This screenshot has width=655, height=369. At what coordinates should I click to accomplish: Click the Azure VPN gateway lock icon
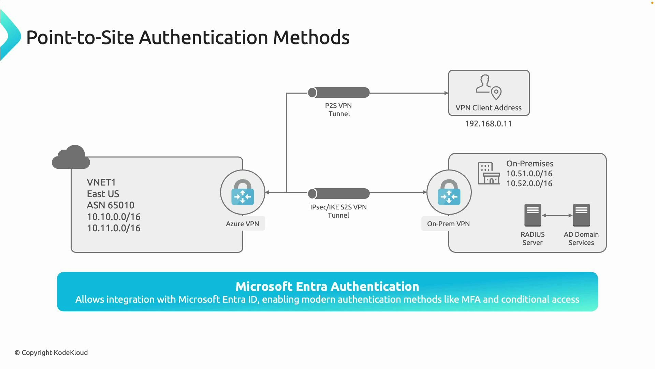243,192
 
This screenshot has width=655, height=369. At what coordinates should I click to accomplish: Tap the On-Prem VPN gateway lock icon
449,192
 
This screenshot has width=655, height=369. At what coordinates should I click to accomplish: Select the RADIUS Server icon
533,215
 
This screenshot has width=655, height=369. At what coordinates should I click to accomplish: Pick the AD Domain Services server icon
581,215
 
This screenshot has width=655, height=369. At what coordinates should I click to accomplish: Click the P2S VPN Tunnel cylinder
339,93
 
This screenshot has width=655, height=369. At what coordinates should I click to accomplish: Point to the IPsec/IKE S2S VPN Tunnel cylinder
339,194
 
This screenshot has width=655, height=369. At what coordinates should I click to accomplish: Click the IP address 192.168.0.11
488,124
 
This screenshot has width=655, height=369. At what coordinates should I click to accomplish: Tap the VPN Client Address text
489,108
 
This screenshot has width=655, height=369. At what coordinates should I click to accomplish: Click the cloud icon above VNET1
71,158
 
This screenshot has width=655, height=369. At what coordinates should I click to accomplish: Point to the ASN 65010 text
111,205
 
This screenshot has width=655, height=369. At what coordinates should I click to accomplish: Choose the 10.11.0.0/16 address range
114,228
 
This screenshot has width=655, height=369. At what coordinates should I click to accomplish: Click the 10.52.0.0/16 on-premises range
529,183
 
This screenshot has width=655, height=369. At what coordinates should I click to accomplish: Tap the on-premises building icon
489,173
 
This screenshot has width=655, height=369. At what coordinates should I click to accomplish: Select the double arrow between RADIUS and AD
557,216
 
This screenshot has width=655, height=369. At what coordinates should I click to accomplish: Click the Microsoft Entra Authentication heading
327,286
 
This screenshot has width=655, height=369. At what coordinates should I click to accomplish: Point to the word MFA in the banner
471,300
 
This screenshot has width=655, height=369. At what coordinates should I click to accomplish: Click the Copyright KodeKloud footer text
51,353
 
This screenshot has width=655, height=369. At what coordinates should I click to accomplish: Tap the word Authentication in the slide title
203,37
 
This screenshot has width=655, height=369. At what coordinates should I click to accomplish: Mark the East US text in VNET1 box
103,194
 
